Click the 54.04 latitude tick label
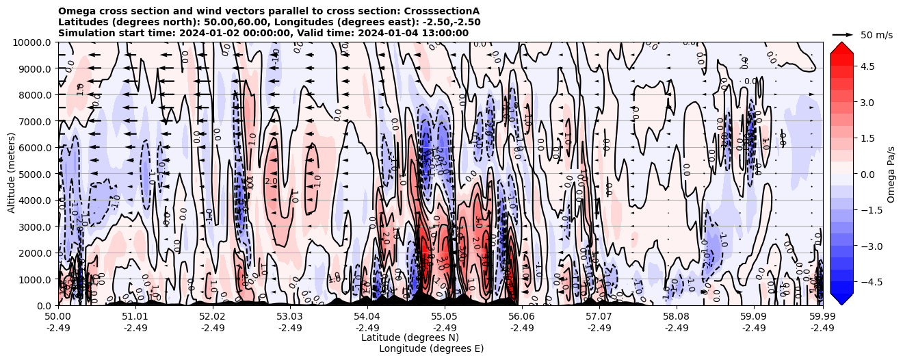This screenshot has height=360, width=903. pos(367,317)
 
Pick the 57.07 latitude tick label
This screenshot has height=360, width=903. pos(599,317)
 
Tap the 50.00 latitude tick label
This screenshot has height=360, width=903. pos(58,317)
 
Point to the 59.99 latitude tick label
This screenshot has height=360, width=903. pos(822,317)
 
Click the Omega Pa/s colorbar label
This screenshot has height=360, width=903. pos(891,174)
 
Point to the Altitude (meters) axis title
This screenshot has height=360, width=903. pos(12,174)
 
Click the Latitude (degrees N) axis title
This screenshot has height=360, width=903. pos(410,337)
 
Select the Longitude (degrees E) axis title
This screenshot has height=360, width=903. pos(432,348)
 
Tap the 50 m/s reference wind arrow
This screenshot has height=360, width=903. pos(843,34)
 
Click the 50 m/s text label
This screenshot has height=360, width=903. pos(876,35)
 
